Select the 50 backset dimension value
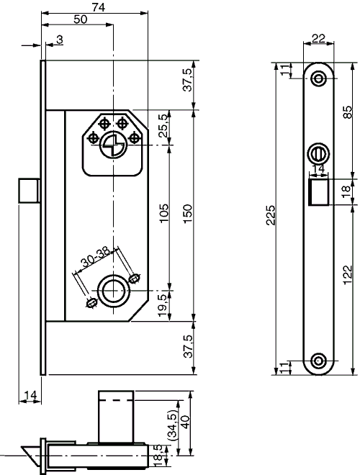click(81, 19)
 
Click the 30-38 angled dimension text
click(96, 256)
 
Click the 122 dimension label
click(347, 273)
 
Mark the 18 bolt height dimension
click(347, 191)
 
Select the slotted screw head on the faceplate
click(318, 153)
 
